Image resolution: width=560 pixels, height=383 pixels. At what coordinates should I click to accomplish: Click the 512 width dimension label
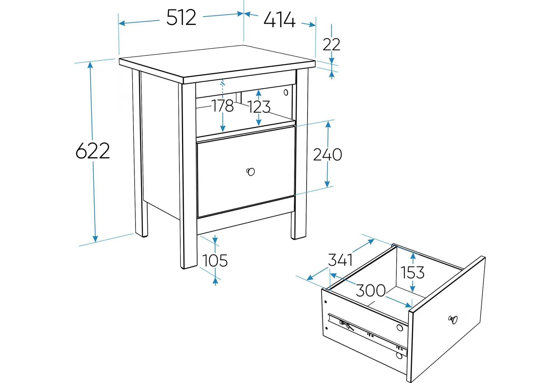[181, 17]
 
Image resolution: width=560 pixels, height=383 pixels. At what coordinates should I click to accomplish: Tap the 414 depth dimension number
[279, 20]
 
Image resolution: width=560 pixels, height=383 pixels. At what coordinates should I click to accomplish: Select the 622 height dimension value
[93, 151]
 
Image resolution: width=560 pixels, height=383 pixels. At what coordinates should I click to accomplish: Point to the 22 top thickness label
[332, 44]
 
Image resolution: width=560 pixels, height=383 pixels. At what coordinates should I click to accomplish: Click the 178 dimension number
[223, 105]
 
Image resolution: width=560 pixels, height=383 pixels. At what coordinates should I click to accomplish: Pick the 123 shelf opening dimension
[259, 107]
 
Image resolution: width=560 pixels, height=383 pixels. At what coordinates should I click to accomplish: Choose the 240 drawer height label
[328, 154]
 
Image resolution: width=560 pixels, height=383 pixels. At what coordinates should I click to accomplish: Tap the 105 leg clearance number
[215, 261]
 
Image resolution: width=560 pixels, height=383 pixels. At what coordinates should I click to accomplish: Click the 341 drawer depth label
[340, 260]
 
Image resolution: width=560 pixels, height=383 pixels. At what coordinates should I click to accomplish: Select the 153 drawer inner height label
[412, 272]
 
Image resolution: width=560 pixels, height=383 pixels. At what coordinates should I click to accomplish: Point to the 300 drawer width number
[371, 290]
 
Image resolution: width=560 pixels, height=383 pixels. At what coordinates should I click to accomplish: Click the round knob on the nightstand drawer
[251, 172]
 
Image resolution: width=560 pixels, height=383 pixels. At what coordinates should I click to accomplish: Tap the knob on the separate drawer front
[453, 320]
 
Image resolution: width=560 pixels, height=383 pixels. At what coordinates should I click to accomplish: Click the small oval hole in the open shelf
[286, 92]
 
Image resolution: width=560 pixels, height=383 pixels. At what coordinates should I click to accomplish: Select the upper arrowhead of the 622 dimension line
[90, 65]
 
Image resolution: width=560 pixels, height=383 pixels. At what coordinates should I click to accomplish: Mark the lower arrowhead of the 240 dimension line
[327, 184]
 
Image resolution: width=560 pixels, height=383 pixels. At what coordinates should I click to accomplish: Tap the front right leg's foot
[298, 237]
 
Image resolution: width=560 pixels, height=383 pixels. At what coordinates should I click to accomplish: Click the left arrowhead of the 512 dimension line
[122, 23]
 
